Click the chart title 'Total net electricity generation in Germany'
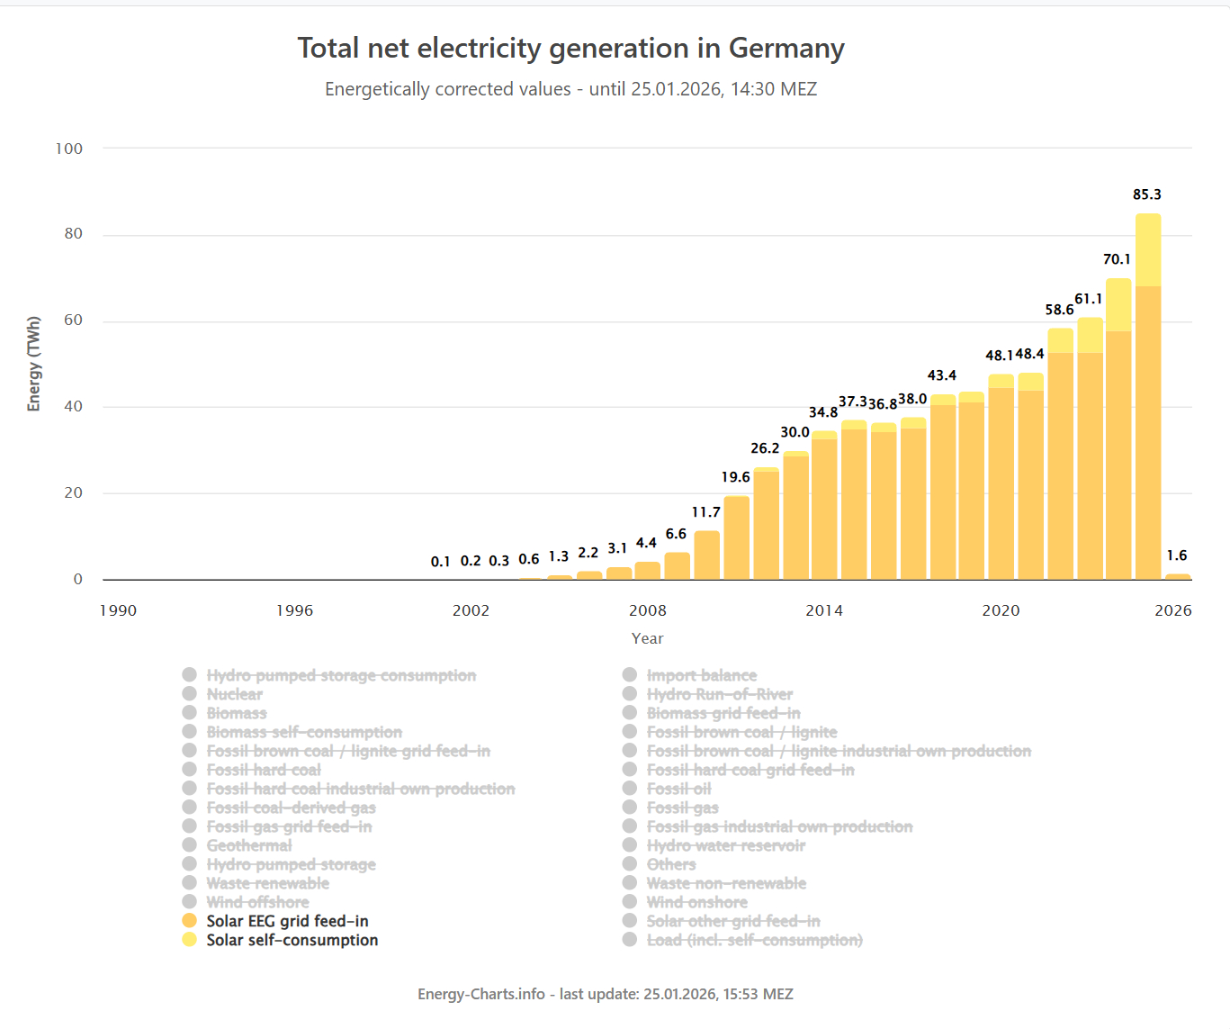pyautogui.click(x=570, y=48)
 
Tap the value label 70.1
pyautogui.click(x=1117, y=259)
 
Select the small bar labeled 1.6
pyautogui.click(x=1177, y=576)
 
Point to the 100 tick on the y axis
pyautogui.click(x=69, y=149)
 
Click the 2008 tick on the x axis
pyautogui.click(x=648, y=610)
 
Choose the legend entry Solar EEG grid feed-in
pyautogui.click(x=287, y=921)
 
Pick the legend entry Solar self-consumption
pyautogui.click(x=292, y=940)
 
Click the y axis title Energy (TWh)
pyautogui.click(x=34, y=364)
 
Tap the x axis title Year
pyautogui.click(x=647, y=638)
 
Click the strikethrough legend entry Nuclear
pyautogui.click(x=234, y=694)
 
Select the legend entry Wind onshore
pyautogui.click(x=696, y=902)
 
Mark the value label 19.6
pyautogui.click(x=735, y=477)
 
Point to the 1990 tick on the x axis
pyautogui.click(x=118, y=610)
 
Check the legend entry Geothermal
pyautogui.click(x=248, y=845)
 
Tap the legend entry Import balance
pyautogui.click(x=701, y=675)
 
